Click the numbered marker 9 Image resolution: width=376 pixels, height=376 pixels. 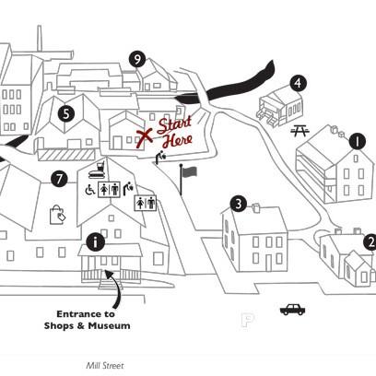point(137,59)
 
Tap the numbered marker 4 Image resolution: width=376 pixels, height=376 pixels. point(298,83)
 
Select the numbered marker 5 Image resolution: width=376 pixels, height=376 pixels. point(66,114)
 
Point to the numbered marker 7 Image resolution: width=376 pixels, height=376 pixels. point(59,179)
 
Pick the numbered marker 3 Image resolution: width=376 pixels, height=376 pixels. point(239,204)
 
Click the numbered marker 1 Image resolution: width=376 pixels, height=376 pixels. point(357,142)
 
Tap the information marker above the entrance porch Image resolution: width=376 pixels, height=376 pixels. point(96,242)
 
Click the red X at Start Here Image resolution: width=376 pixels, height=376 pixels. point(144,137)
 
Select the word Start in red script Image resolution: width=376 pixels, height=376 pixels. point(174,124)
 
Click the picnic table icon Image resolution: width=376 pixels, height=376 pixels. point(300,131)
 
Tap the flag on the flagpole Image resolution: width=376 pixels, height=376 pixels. point(190,171)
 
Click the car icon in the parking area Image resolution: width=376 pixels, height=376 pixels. point(292,310)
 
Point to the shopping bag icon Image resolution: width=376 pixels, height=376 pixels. point(57,215)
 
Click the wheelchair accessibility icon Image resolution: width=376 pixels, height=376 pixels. point(90,189)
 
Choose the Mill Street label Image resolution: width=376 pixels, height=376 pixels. point(105,366)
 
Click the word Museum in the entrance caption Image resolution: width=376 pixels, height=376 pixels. point(109,325)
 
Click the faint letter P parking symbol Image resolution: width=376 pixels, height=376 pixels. point(247,320)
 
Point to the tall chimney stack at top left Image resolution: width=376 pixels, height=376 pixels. point(40,38)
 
